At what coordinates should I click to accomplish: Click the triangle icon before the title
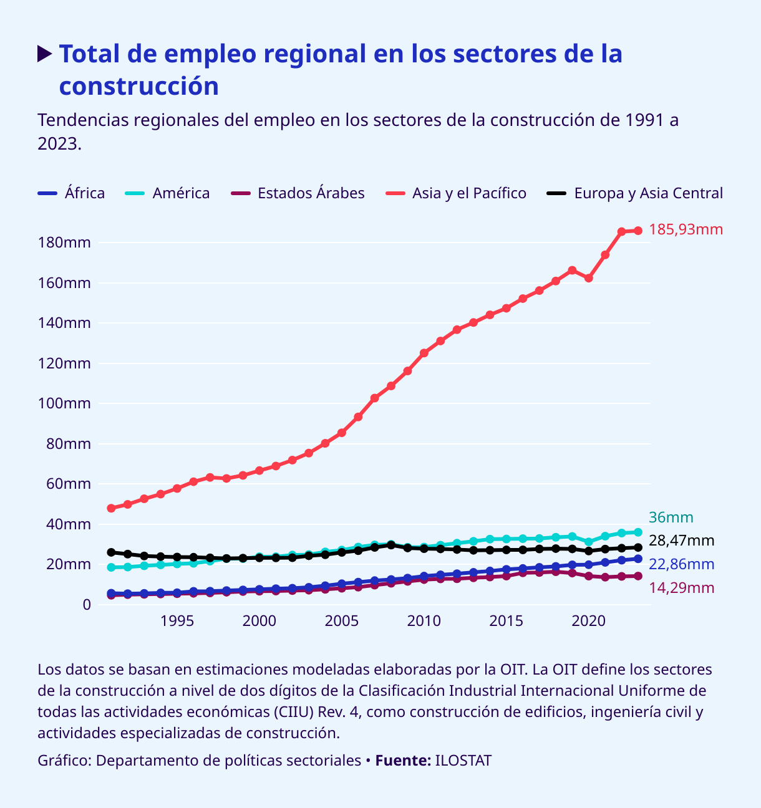44,54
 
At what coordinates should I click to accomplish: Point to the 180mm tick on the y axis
65,243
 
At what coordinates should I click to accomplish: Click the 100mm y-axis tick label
65,404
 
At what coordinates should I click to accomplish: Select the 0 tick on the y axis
86,605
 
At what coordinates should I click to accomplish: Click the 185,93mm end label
686,230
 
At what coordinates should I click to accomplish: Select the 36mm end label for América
671,517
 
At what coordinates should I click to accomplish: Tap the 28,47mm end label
681,541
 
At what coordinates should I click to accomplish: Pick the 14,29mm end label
681,588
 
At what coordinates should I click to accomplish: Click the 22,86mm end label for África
681,564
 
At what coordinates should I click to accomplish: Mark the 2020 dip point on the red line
588,278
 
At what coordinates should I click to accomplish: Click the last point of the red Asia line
638,231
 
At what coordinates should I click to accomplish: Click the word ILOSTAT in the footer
463,761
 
